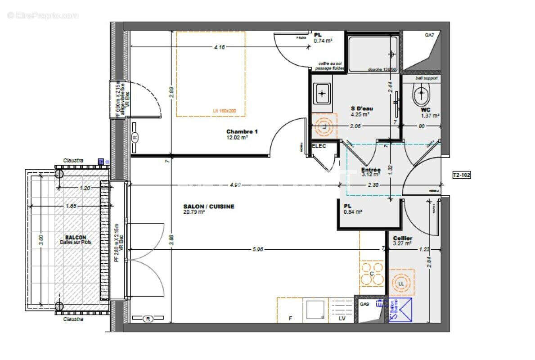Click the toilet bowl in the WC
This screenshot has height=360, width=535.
[x=421, y=94]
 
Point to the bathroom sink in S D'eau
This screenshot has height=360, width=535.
[x=322, y=94]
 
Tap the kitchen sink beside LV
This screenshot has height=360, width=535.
[x=315, y=310]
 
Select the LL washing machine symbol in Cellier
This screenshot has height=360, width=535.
[x=401, y=283]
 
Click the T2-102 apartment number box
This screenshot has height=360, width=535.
[x=462, y=175]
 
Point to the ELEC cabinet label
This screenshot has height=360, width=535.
[x=319, y=146]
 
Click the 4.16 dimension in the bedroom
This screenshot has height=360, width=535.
[x=220, y=47]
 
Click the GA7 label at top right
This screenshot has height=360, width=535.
[x=430, y=35]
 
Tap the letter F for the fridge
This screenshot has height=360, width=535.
[x=291, y=319]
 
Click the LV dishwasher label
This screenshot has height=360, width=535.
[x=342, y=319]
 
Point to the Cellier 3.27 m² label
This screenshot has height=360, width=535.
[x=402, y=241]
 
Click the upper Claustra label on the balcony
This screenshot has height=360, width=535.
[x=73, y=160]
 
